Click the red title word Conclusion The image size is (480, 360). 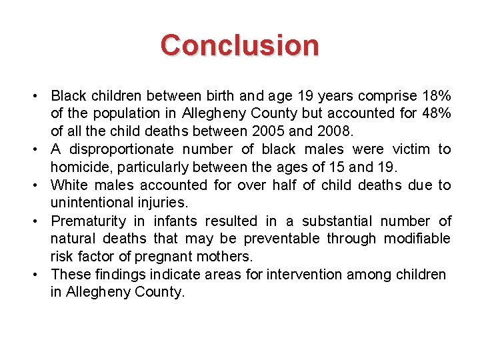coord(239,45)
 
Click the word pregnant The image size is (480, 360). coord(169,257)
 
